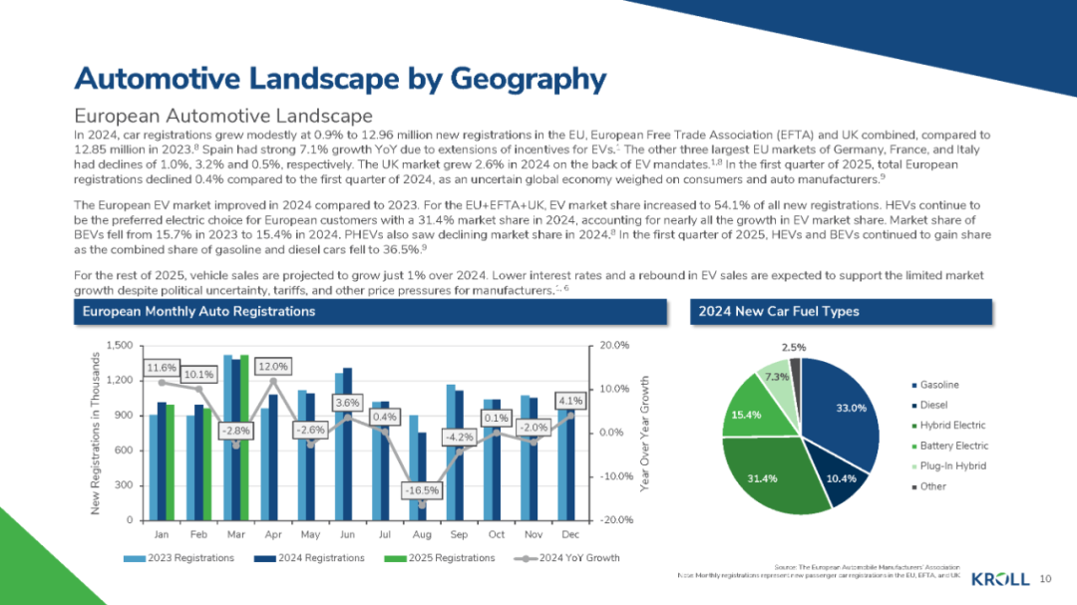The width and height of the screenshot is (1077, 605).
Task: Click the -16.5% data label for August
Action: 421,490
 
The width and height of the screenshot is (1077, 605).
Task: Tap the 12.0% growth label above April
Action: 273,366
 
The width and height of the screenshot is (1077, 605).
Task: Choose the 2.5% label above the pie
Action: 794,348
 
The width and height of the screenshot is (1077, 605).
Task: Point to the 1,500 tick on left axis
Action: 118,345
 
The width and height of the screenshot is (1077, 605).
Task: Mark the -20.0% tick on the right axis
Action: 613,520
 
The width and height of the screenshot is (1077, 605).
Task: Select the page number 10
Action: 1046,579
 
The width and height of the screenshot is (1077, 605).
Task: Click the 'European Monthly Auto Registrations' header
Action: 198,311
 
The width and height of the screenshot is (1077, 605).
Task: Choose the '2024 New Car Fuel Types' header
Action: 779,311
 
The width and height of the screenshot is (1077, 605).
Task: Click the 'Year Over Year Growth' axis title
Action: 645,433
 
